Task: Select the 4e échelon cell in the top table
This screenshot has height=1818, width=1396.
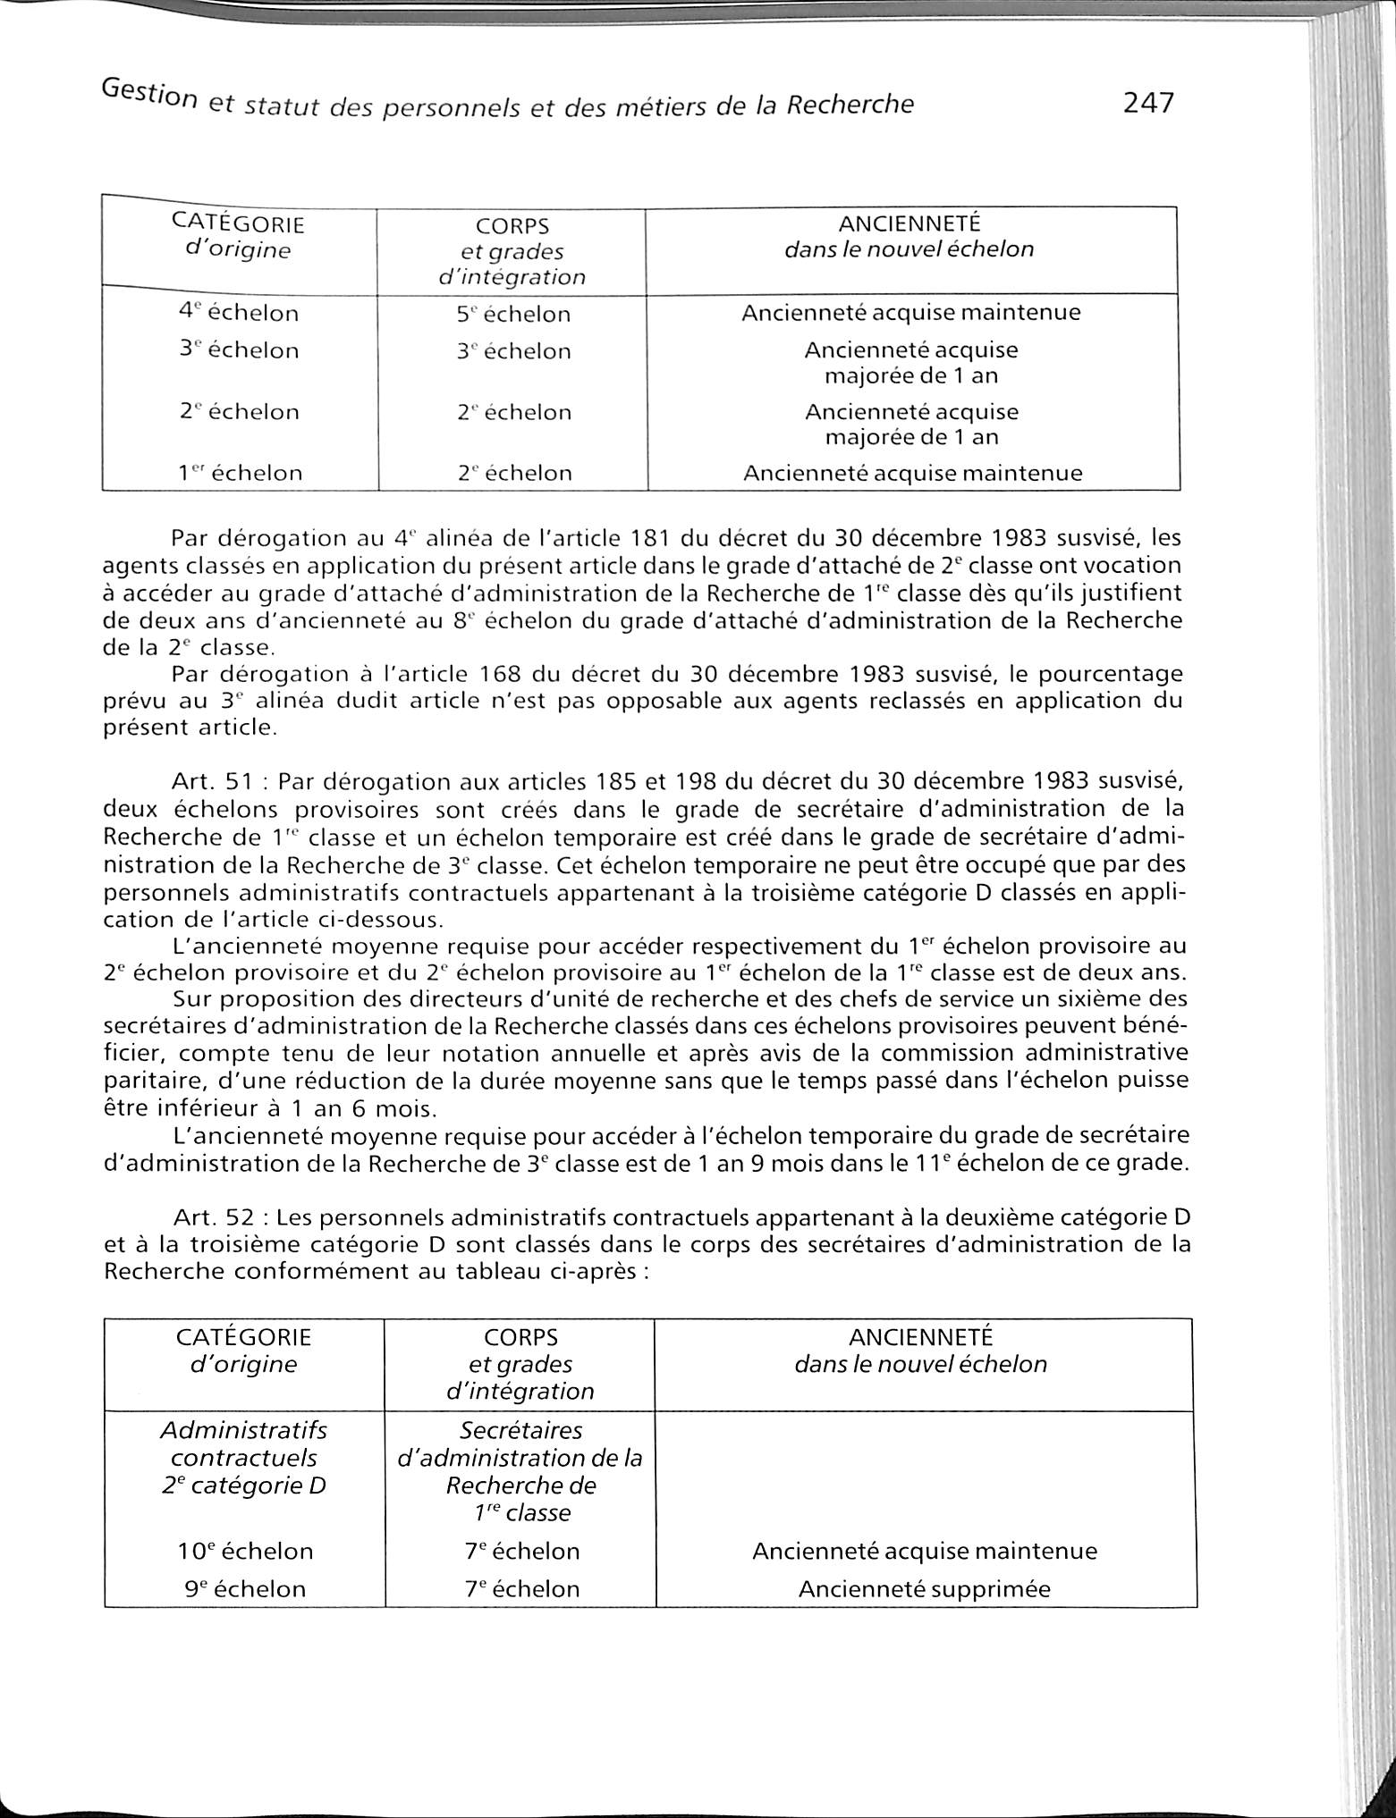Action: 239,314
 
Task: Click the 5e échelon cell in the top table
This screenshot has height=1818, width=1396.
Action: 513,315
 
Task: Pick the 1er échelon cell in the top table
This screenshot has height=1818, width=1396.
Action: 239,473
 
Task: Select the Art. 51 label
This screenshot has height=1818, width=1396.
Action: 211,782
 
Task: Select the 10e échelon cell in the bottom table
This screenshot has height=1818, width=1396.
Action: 246,1551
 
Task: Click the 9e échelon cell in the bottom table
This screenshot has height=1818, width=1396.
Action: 246,1589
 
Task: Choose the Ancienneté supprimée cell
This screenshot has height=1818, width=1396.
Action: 924,1589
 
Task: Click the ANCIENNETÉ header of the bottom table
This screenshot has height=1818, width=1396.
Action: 920,1337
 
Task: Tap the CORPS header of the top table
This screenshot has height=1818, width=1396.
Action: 512,226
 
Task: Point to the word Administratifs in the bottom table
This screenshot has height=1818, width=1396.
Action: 243,1430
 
